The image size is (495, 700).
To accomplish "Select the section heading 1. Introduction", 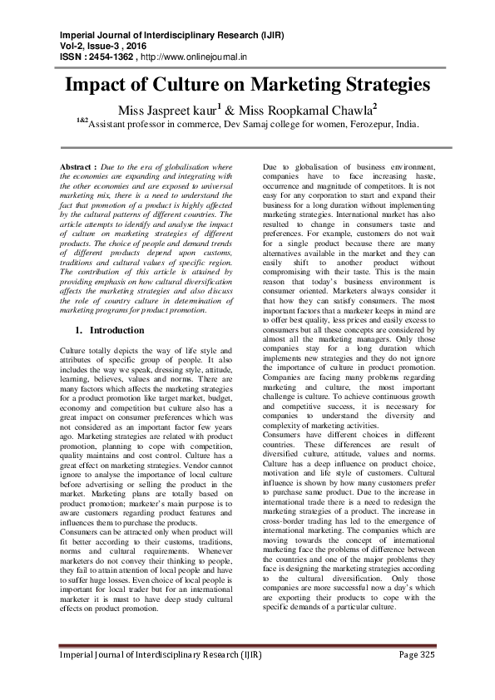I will click(109, 330).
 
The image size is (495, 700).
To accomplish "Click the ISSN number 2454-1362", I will click(109, 57).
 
